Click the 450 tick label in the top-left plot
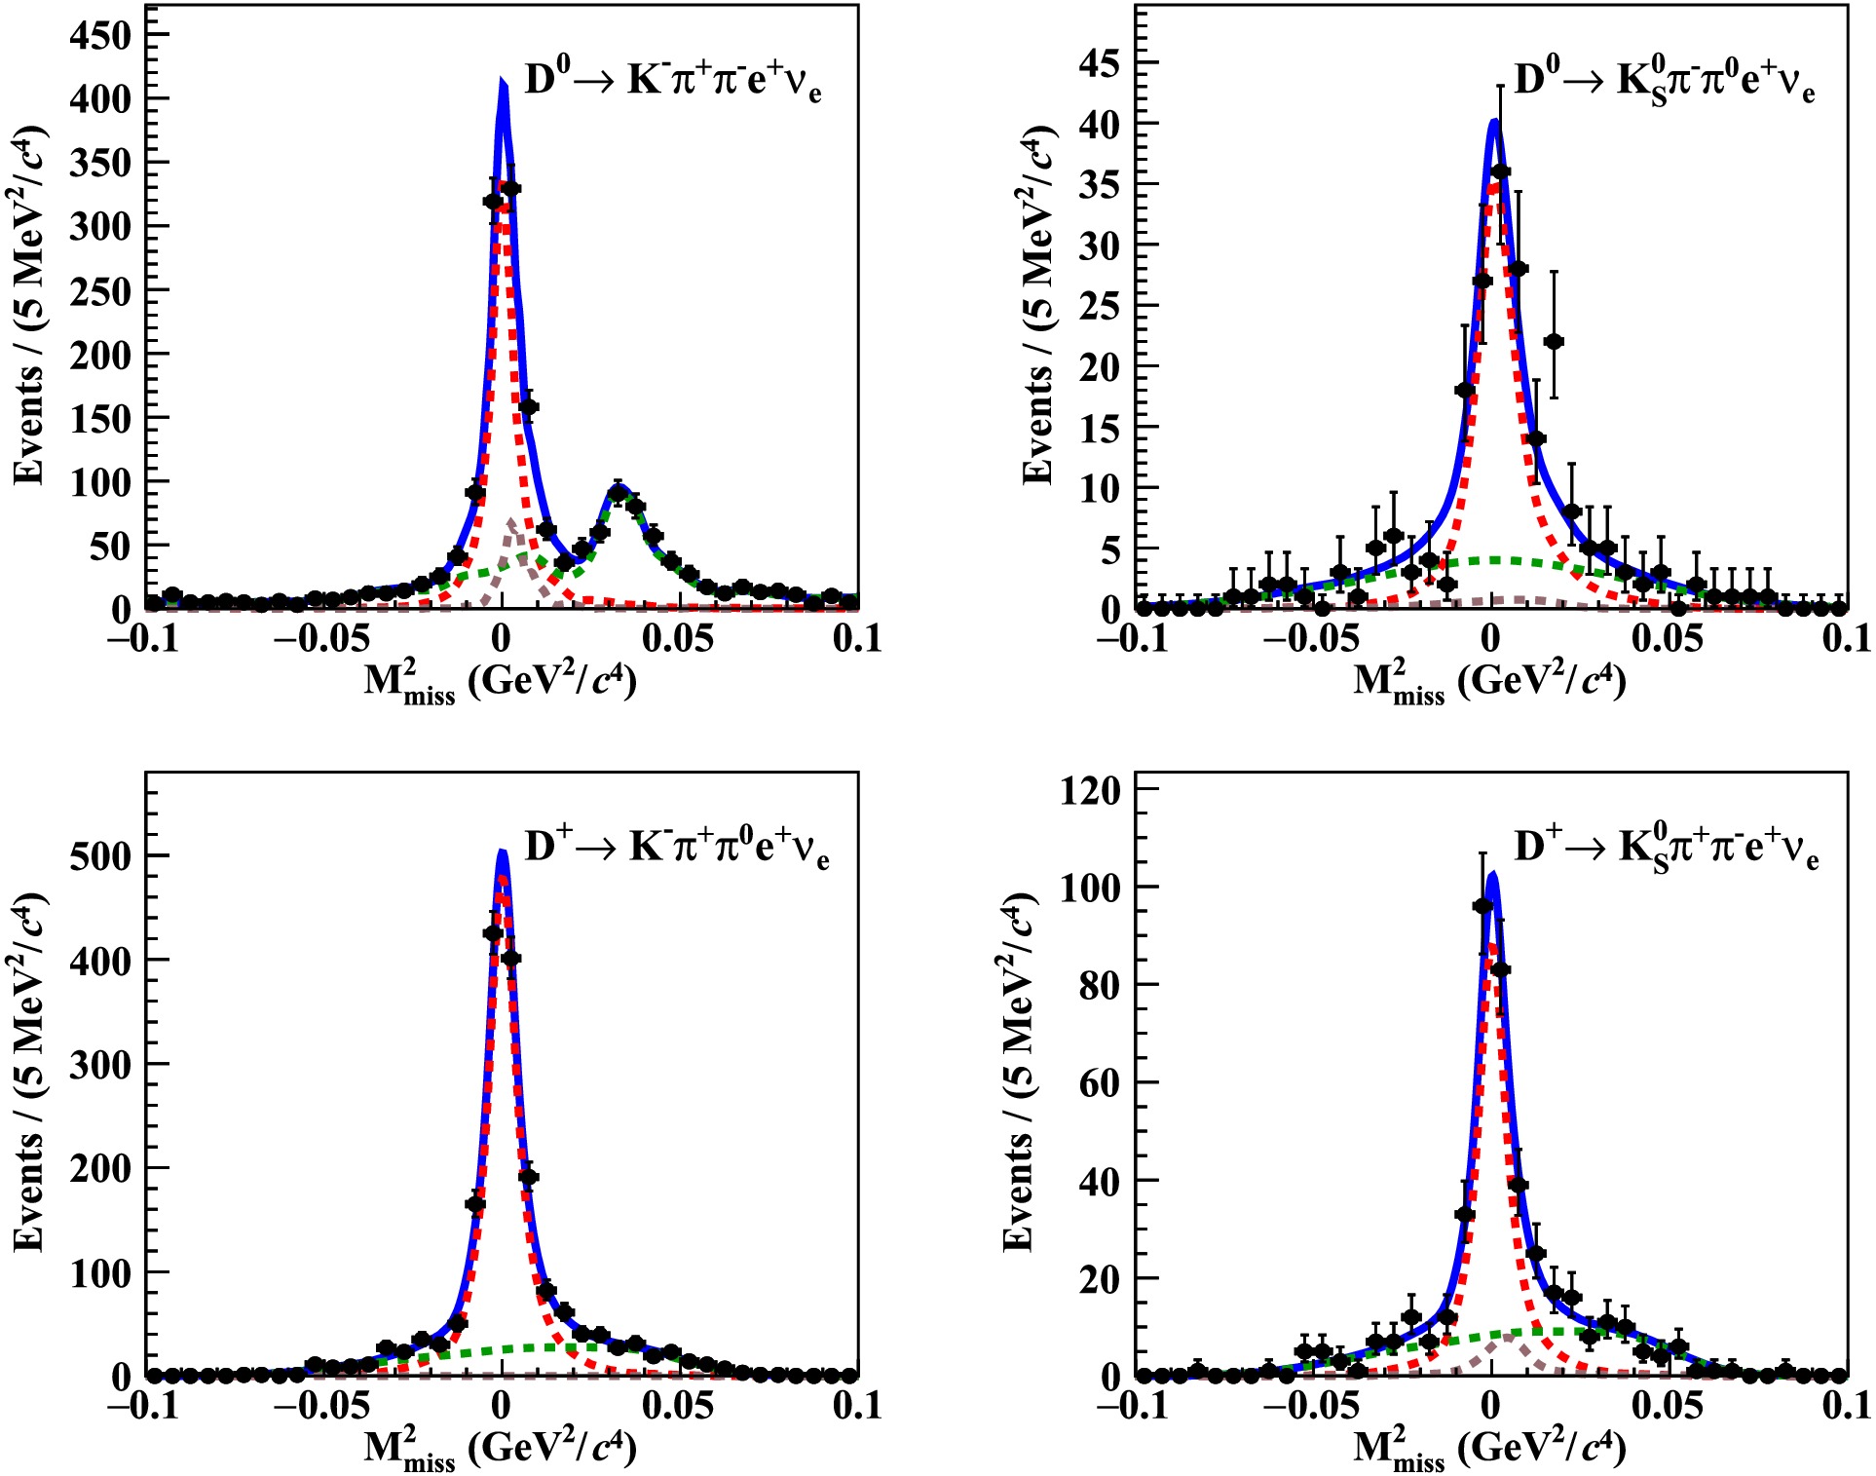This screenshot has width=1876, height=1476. pos(99,35)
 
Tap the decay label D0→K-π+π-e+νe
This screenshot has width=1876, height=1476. pos(672,80)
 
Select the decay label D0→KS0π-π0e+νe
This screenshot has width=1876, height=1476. pos(1664,82)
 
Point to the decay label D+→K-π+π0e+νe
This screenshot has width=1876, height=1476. pos(676,848)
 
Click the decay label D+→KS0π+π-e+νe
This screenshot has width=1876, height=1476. pos(1666,848)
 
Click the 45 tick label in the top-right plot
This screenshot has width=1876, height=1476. pos(1099,63)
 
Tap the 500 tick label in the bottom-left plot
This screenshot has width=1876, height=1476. pos(99,856)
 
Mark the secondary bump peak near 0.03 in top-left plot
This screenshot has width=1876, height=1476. pos(618,492)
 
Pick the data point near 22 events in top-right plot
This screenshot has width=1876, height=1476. pos(1554,341)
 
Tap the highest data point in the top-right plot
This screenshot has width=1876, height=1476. pos(1500,171)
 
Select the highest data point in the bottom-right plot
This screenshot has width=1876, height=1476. pos(1482,905)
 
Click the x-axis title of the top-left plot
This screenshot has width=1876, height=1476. pos(500,681)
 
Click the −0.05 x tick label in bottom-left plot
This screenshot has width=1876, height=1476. pos(320,1406)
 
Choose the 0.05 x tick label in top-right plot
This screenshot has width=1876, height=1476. pos(1668,639)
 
